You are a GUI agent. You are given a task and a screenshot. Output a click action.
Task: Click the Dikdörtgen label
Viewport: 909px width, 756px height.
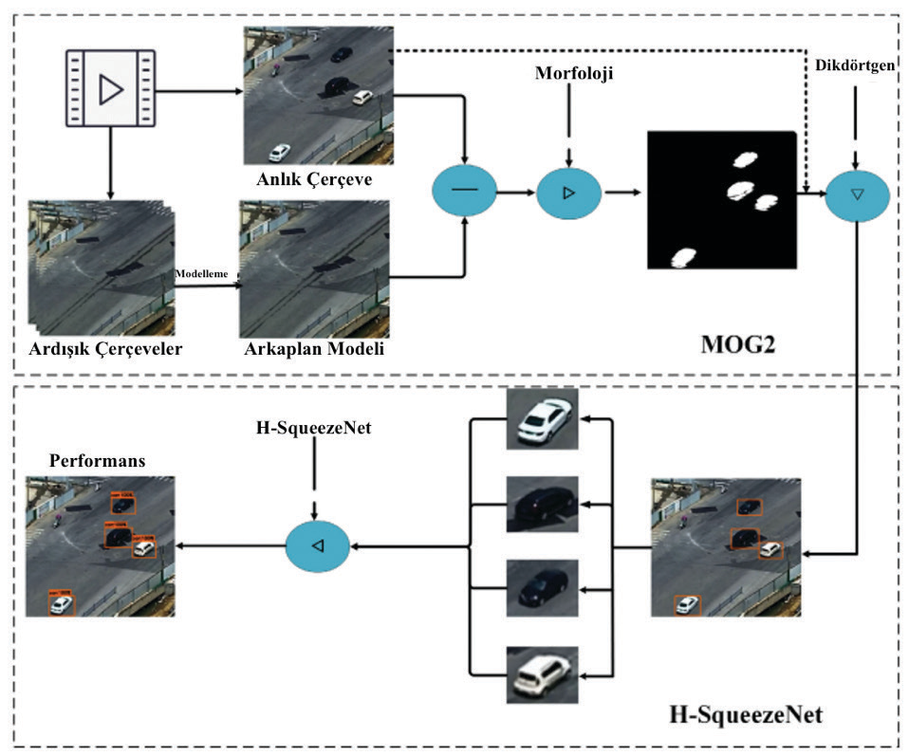[854, 65]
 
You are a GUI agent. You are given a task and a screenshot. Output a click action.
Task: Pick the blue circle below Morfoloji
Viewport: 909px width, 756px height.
[569, 194]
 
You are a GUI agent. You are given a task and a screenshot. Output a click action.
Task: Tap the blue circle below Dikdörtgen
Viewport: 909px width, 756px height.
[857, 194]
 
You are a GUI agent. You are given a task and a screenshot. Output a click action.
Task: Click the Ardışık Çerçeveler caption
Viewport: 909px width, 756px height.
[105, 349]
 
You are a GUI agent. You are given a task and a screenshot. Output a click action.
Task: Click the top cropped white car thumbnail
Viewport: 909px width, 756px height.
[541, 417]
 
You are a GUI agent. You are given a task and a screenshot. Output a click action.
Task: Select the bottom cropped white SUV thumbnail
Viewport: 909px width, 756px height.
[541, 674]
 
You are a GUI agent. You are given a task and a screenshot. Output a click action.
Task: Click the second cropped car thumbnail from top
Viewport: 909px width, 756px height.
[541, 503]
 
